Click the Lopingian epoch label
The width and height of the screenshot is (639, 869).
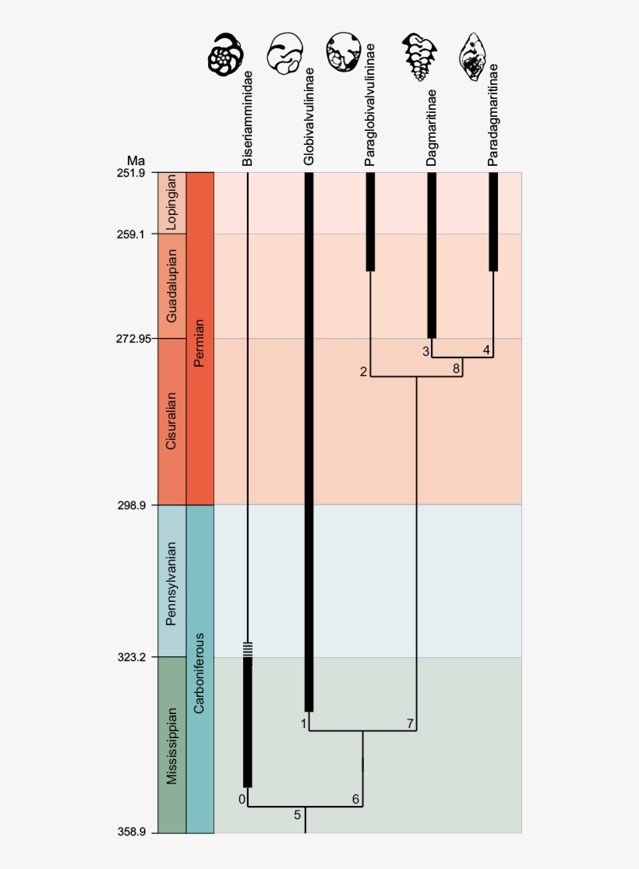pos(172,203)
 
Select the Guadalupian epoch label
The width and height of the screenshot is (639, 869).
pos(172,286)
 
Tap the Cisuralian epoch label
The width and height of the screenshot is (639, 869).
pos(172,421)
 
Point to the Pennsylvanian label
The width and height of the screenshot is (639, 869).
pos(172,581)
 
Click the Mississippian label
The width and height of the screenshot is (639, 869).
pos(172,744)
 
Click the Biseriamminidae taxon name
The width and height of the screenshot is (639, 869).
pos(248,118)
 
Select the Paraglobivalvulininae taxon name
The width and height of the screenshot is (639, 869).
pos(370,106)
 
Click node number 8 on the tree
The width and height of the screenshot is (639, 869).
pos(457,368)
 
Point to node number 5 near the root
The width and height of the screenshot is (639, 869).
pos(297,815)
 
